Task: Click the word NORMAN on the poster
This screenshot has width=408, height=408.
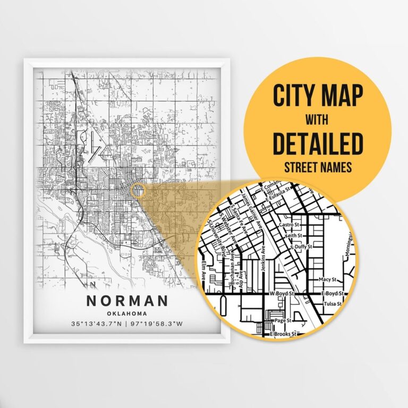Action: [127, 300]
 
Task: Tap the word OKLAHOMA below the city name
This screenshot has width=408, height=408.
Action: [127, 313]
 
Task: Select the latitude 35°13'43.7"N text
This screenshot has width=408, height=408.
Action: [96, 324]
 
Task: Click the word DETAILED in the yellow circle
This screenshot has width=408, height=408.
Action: [318, 144]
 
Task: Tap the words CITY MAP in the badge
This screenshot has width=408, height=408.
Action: [318, 96]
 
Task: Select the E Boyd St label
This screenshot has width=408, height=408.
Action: [335, 293]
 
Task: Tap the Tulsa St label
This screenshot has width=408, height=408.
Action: [334, 304]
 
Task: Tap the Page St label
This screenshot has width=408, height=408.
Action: [282, 320]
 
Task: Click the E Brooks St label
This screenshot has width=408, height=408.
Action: [284, 334]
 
